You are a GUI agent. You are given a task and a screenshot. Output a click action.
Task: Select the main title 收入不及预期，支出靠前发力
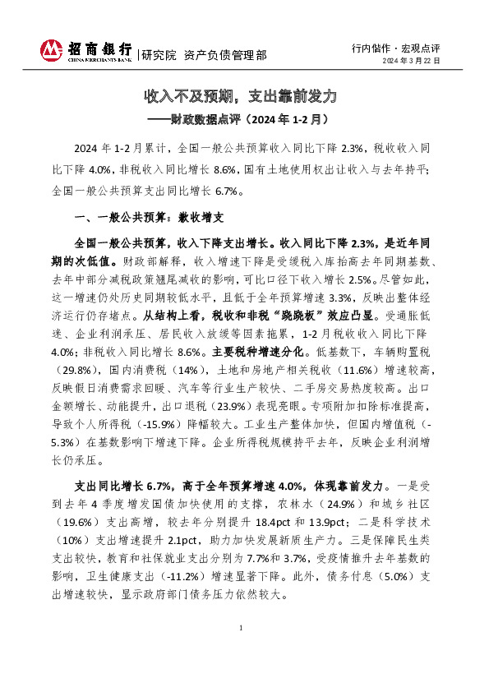click(241, 96)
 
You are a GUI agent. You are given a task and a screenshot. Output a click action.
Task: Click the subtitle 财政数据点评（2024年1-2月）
click(243, 118)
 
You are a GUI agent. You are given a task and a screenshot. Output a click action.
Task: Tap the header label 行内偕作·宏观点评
click(395, 46)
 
